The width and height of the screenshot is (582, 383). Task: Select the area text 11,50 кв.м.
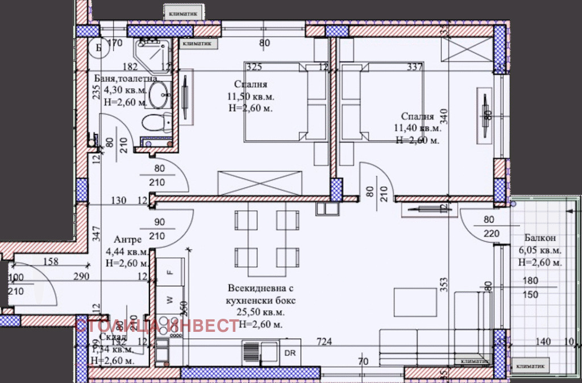tap(250, 97)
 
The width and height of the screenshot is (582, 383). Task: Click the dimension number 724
tap(325, 342)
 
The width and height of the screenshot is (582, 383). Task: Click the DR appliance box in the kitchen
tap(290, 352)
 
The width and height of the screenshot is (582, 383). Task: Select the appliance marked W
tap(169, 298)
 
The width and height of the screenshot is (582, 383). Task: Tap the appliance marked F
tap(169, 272)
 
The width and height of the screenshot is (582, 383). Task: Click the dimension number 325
tap(254, 67)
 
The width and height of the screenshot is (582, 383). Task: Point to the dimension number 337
tap(415, 67)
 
